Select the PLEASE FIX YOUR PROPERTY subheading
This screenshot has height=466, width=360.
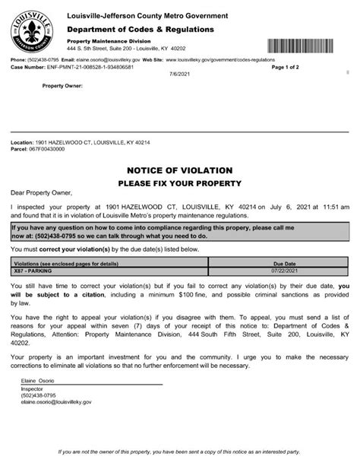click(x=179, y=184)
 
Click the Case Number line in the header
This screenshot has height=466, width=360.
click(x=72, y=66)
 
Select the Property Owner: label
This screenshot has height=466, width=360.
click(x=62, y=86)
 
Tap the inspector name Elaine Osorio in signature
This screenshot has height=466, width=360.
click(x=33, y=378)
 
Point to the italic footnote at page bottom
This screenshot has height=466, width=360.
click(x=180, y=452)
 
